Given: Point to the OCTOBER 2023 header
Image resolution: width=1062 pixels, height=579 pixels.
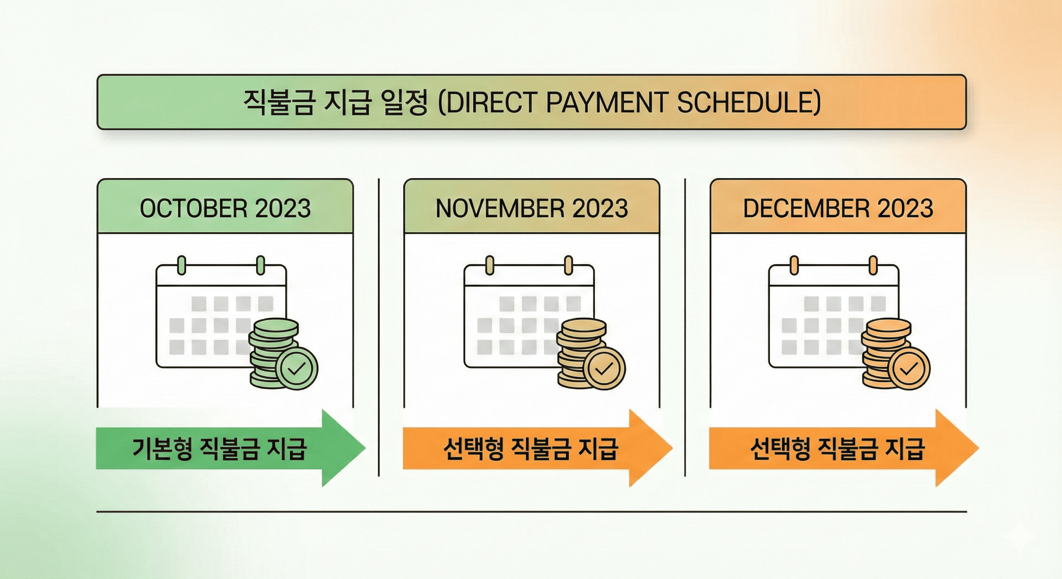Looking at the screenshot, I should tap(225, 208).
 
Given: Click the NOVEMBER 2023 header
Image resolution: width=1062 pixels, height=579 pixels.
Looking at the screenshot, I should tap(531, 208).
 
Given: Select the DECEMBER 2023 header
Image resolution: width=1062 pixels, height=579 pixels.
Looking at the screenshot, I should tap(838, 208).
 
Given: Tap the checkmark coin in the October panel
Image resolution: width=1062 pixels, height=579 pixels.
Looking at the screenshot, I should tap(296, 368).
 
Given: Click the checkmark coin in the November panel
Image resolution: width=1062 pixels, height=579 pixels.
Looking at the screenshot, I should tap(605, 368).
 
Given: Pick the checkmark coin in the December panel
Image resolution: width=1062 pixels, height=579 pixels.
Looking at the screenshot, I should tap(909, 368).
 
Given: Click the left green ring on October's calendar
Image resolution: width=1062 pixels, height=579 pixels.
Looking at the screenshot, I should tap(181, 265).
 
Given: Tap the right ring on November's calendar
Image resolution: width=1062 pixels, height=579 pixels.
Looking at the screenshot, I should tap(568, 265).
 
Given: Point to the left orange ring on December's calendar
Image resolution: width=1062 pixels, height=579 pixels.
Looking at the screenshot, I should tap(793, 265).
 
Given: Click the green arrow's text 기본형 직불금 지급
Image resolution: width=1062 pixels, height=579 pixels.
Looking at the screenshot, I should tap(219, 448).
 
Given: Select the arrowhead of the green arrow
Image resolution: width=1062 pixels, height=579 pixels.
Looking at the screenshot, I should tap(344, 448).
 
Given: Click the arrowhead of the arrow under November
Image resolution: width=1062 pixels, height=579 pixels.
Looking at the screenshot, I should tap(651, 448).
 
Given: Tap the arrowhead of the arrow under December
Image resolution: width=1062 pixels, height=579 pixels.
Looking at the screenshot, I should tap(958, 448).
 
